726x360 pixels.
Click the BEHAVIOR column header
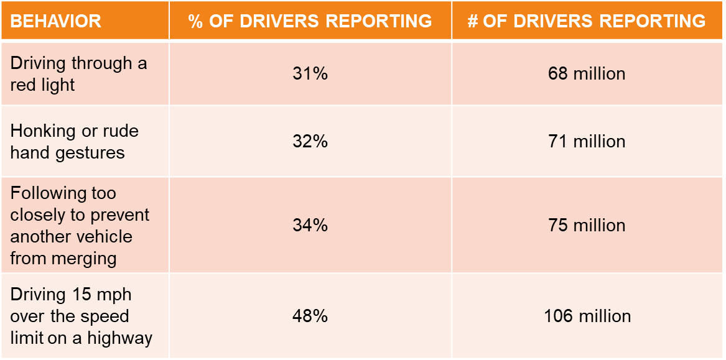tap(56, 21)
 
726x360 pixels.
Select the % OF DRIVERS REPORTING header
tap(310, 21)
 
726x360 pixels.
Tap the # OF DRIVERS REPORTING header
tap(587, 21)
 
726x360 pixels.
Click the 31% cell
tap(310, 74)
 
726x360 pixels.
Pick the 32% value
tap(310, 142)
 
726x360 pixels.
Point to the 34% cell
tap(310, 225)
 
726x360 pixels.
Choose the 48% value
tap(310, 316)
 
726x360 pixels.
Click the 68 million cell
tap(587, 74)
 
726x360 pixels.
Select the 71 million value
tap(587, 142)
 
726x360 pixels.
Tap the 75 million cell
tap(587, 225)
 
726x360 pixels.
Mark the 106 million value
tap(587, 316)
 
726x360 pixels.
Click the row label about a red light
tap(78, 74)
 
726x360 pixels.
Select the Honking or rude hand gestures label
tap(74, 142)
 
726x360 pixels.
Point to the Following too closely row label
tap(80, 226)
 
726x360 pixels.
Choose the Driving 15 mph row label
tap(81, 316)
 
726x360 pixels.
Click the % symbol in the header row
tap(196, 21)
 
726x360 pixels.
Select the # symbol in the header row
tap(473, 21)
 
